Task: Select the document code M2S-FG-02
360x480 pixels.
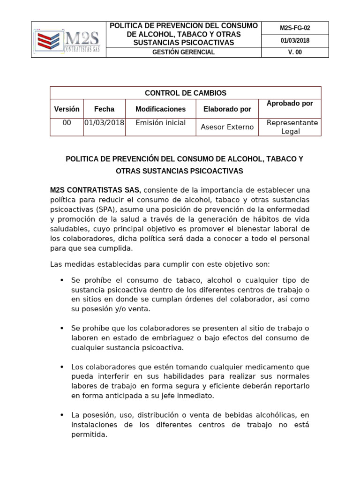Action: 295,28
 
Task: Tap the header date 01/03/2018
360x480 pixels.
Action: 295,40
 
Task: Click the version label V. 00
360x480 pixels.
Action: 295,52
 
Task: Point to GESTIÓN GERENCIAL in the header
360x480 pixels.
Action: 183,52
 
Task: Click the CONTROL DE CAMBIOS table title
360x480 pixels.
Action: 186,93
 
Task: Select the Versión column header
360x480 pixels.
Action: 67,109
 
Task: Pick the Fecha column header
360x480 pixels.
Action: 104,109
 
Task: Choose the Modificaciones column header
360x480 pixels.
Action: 160,109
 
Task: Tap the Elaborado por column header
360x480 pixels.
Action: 227,109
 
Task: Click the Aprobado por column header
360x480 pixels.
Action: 289,103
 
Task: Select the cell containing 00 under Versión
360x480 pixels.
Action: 67,123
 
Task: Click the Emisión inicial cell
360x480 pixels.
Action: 160,123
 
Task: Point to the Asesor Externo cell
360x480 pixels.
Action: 227,127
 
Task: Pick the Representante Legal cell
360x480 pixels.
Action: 292,127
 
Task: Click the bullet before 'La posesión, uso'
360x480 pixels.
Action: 62,415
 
